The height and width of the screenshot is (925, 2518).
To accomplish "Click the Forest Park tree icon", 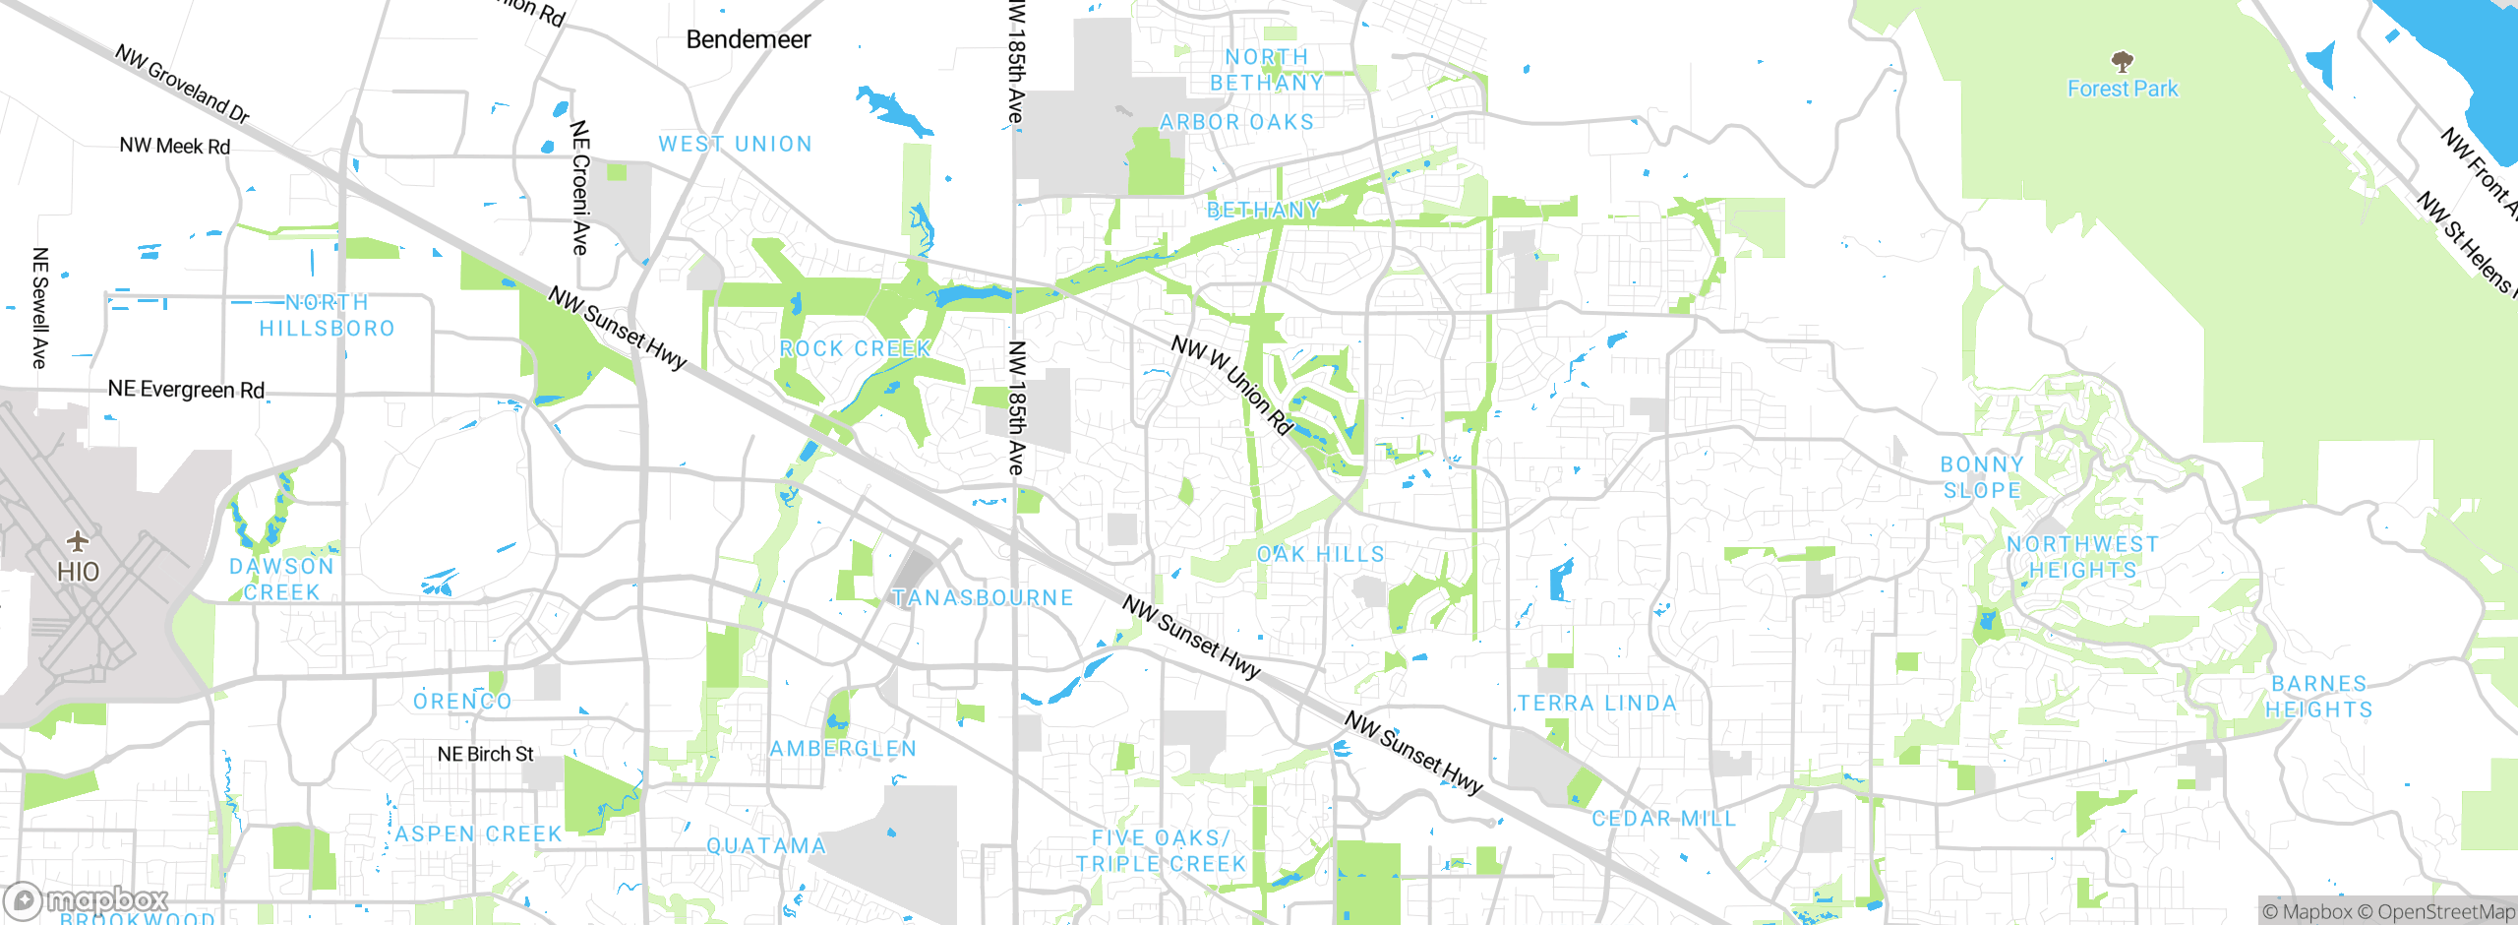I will tap(2123, 61).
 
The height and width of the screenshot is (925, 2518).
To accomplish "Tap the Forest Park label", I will tap(2123, 89).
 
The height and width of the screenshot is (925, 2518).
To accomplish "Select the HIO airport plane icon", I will tap(78, 541).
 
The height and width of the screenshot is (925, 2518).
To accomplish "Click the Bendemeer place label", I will tap(749, 39).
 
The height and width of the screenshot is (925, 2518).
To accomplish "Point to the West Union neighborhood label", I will tap(736, 144).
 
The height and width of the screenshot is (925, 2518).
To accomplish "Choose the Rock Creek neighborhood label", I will tap(855, 348).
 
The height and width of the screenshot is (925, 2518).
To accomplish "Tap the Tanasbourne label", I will tap(983, 597).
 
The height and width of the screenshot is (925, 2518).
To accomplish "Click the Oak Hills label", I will tap(1321, 554).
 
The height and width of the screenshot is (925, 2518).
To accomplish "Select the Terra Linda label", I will tap(1596, 703).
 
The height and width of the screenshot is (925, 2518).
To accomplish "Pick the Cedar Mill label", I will tap(1664, 818).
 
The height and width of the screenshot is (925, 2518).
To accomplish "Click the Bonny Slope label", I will tap(1982, 477).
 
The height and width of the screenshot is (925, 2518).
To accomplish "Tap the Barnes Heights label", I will tap(2319, 696).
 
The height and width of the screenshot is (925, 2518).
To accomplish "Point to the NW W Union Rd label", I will tap(1231, 385).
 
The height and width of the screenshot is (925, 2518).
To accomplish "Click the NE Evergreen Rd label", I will tap(186, 390).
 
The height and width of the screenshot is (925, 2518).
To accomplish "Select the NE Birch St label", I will tap(485, 754).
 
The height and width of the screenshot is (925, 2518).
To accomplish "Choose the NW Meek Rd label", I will tap(175, 146).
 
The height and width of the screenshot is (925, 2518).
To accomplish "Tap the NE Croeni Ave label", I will tap(580, 187).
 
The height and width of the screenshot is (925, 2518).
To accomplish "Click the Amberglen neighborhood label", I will tap(843, 749).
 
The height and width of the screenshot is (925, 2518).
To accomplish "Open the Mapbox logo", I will tap(87, 899).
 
